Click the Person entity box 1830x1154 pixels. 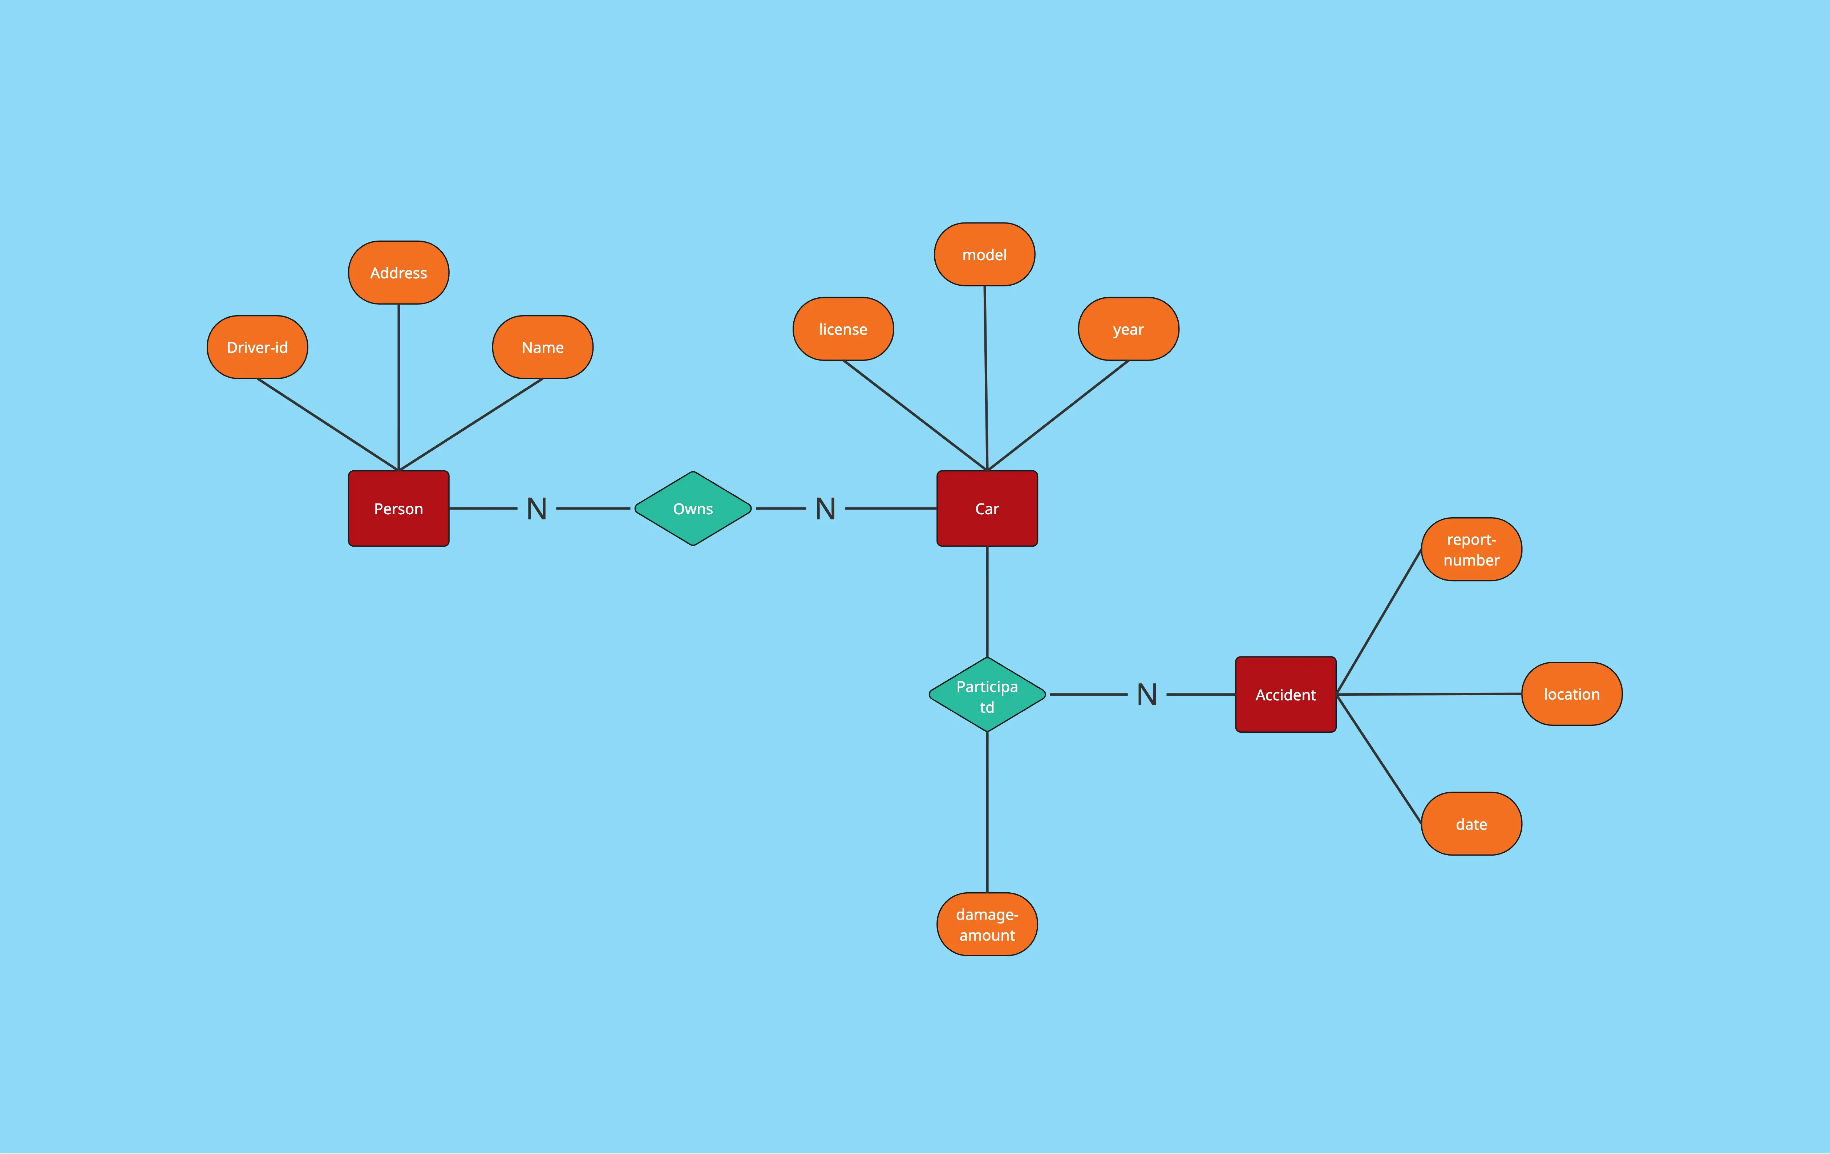click(398, 508)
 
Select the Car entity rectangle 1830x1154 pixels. click(987, 508)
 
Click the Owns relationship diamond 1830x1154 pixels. click(693, 508)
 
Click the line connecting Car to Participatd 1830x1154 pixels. click(987, 601)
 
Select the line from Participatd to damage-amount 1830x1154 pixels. click(987, 812)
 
